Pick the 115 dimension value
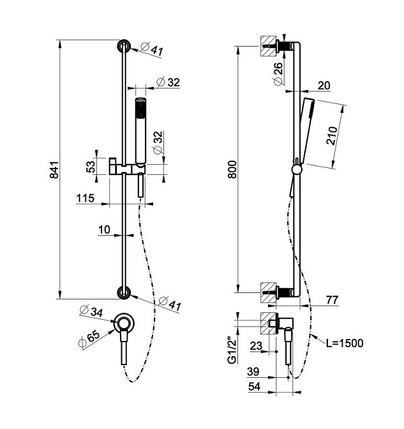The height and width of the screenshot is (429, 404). (86, 199)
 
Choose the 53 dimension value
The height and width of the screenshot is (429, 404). (91, 167)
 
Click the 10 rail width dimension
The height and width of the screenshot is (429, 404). (104, 229)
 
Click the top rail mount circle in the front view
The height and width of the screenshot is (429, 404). (123, 47)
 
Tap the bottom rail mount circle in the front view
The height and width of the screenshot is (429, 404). (123, 292)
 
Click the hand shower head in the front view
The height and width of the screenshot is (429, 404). (140, 109)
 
